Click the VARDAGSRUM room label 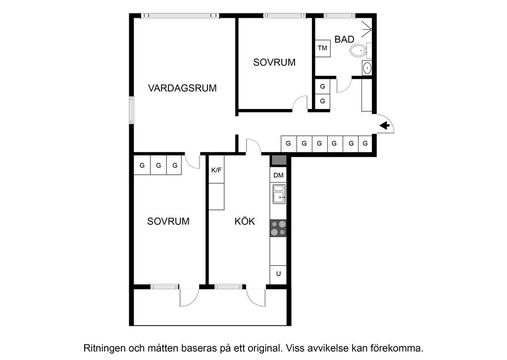(x=182, y=88)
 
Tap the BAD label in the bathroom (x=345, y=40)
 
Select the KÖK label (x=245, y=221)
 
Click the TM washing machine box (x=323, y=48)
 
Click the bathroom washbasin (x=367, y=68)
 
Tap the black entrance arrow (x=384, y=125)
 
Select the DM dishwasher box (x=278, y=175)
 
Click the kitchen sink (x=278, y=194)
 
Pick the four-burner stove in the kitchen (x=278, y=228)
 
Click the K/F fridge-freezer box (x=216, y=169)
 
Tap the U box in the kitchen (x=278, y=274)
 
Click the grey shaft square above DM (x=278, y=160)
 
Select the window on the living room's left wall (x=131, y=110)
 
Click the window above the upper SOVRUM (x=285, y=15)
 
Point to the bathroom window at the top (x=340, y=15)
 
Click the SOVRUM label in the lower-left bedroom (x=168, y=221)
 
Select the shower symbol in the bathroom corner (x=366, y=29)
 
